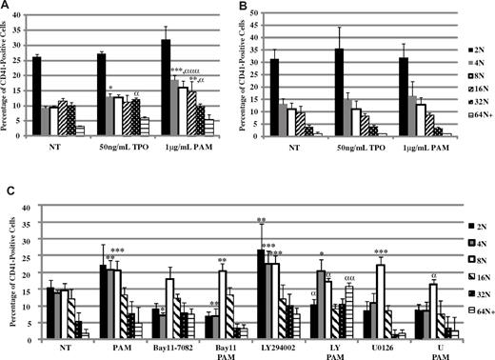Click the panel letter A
coord(7,7)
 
